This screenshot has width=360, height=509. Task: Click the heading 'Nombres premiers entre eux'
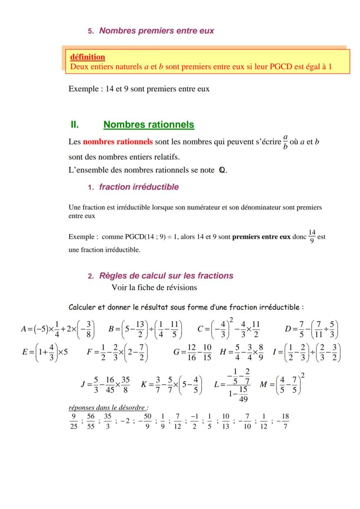point(156,31)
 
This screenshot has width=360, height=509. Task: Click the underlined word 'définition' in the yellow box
point(87,57)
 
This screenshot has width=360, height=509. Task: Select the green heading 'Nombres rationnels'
point(149,125)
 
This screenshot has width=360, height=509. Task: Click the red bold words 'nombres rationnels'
point(118,142)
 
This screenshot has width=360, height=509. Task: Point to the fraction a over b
point(285,142)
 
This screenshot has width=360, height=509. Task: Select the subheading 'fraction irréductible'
point(139,187)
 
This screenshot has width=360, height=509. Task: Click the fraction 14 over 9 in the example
point(312,236)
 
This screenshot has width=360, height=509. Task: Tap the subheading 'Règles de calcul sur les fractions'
point(166,276)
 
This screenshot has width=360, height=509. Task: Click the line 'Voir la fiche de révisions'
point(154,287)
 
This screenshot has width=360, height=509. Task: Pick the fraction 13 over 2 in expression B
point(139,329)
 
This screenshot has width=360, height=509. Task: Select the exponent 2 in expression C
point(231,320)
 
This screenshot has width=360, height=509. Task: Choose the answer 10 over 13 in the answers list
point(226,420)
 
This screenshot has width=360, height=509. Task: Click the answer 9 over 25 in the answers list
point(73,420)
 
